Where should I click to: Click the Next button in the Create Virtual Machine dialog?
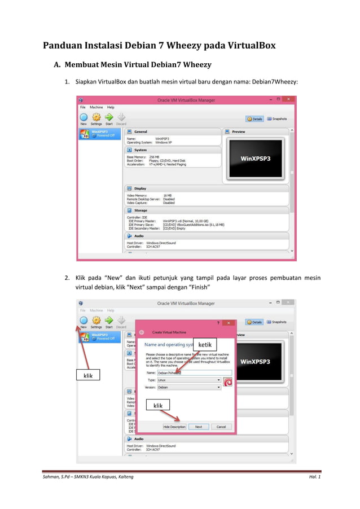tap(198, 427)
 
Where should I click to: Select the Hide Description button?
tap(174, 427)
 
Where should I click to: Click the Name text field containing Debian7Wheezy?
tap(189, 372)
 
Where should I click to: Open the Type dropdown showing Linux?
tap(188, 380)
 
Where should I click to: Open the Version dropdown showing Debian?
tap(188, 388)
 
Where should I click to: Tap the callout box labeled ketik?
tap(205, 345)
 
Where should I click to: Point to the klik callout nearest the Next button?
tap(158, 405)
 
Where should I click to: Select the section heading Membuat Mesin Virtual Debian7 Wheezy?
tap(138, 64)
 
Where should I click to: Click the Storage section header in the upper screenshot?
tap(141, 210)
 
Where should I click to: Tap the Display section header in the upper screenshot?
tap(140, 188)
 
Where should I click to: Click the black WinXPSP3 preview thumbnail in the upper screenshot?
tap(256, 159)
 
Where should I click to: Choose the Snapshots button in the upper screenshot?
tap(276, 119)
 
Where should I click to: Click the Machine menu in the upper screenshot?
tap(96, 107)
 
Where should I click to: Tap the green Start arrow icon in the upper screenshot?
tap(109, 117)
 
